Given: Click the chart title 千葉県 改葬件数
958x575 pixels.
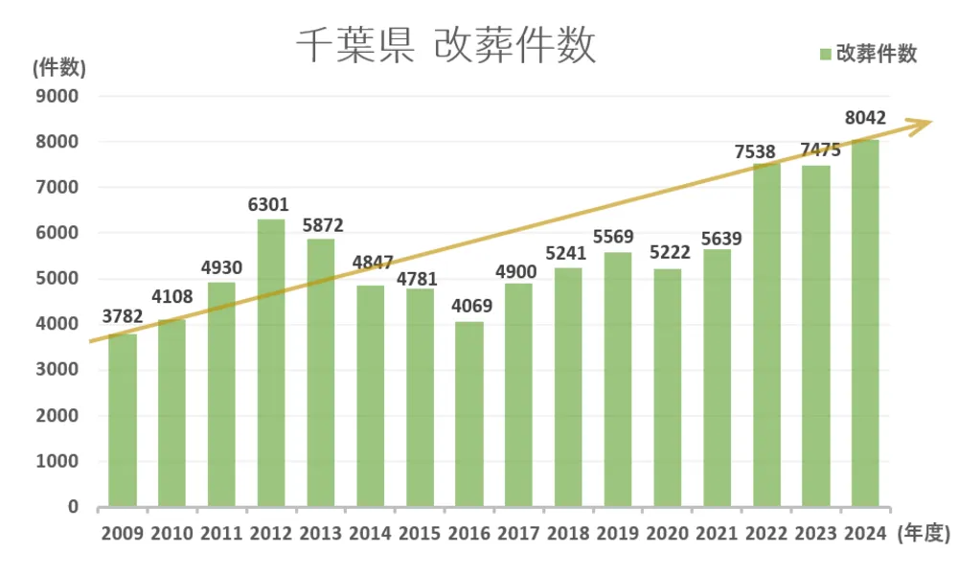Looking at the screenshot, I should click(x=445, y=44).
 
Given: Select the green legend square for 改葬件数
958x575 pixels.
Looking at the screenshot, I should click(x=825, y=54).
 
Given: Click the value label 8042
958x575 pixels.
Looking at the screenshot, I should click(x=865, y=120).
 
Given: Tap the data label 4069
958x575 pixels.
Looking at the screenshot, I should click(x=469, y=307).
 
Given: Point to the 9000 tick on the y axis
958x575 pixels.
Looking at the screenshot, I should click(x=59, y=96).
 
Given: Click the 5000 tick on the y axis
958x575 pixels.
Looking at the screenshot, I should click(x=59, y=279).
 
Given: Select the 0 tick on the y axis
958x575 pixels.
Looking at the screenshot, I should click(x=73, y=507).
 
